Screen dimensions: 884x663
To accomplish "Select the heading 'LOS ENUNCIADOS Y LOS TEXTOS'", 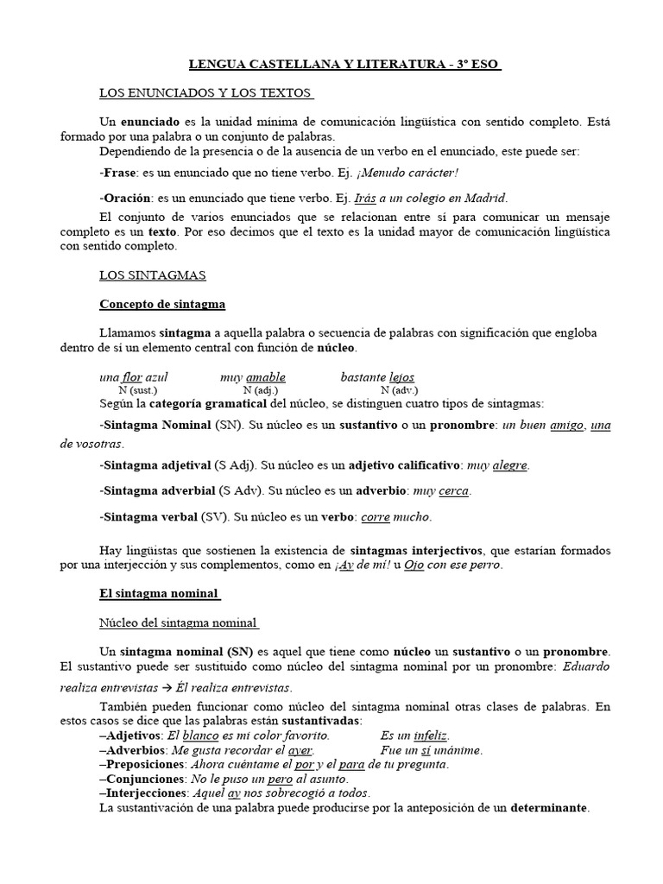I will [x=206, y=92].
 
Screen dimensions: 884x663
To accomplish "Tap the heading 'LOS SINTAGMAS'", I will [x=152, y=275].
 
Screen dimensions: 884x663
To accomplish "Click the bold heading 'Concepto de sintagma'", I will [x=162, y=304].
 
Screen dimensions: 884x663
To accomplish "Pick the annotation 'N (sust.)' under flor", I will [x=139, y=390].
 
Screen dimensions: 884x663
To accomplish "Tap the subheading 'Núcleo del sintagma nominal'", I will [x=180, y=622].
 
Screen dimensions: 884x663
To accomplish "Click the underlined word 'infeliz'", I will [x=431, y=736].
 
